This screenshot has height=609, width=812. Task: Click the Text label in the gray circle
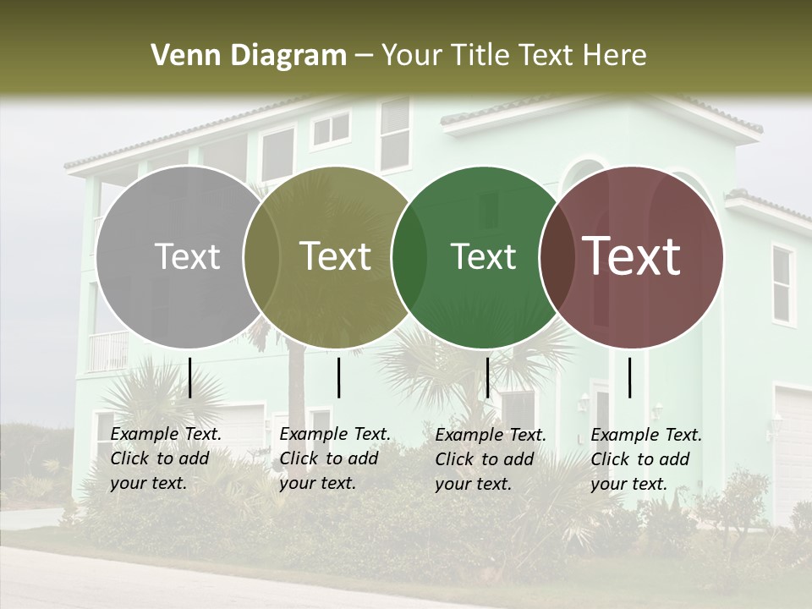click(187, 256)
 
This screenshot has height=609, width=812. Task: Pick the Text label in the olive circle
click(335, 256)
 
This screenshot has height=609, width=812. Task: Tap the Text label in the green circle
click(483, 256)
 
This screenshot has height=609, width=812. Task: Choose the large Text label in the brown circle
click(631, 256)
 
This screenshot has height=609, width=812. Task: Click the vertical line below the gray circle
click(190, 377)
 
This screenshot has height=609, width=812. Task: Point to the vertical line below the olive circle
click(338, 377)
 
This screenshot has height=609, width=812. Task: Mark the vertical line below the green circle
click(487, 377)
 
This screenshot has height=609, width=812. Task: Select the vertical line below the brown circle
click(630, 377)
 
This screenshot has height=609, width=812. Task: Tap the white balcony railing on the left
click(107, 351)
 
